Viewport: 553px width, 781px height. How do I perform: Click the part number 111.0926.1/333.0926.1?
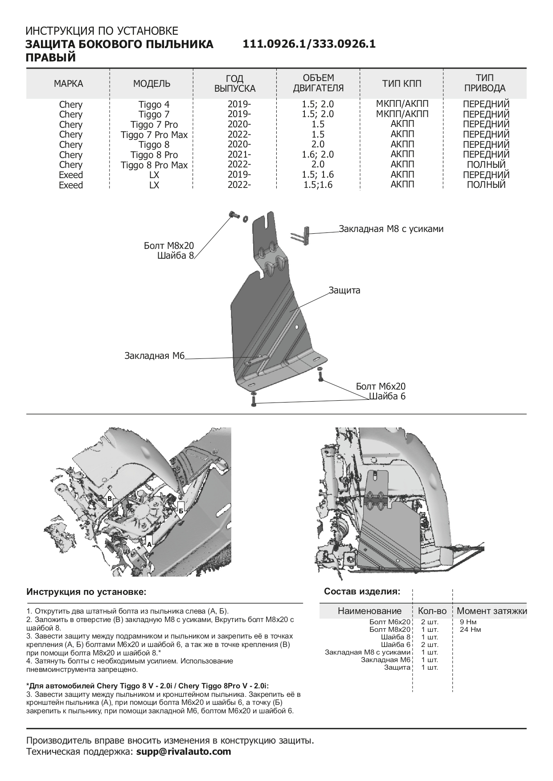(x=309, y=44)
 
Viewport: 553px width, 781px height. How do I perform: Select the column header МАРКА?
(x=69, y=84)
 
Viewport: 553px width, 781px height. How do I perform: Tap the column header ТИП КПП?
(x=401, y=84)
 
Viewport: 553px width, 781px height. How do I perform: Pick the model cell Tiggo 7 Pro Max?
(x=154, y=135)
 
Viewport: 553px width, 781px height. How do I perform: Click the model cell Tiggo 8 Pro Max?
(x=154, y=165)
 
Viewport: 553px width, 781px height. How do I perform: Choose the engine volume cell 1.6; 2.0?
(x=318, y=155)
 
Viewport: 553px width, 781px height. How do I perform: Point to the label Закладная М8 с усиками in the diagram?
(x=391, y=229)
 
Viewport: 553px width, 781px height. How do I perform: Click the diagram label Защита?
(x=344, y=291)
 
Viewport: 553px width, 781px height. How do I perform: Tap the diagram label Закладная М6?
(x=154, y=356)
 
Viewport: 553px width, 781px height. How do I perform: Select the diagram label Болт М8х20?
(x=169, y=246)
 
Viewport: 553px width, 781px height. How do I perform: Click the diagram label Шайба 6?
(x=387, y=396)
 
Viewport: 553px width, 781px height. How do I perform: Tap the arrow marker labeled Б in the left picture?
(x=181, y=510)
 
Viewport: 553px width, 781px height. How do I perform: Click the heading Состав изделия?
(x=362, y=592)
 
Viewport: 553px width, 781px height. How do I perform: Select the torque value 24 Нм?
(x=470, y=630)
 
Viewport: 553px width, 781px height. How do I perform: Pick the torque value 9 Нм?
(x=468, y=622)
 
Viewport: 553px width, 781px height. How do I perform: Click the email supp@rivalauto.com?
(x=184, y=752)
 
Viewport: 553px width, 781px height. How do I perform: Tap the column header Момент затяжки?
(x=492, y=611)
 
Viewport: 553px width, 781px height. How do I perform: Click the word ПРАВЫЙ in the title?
(x=51, y=57)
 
